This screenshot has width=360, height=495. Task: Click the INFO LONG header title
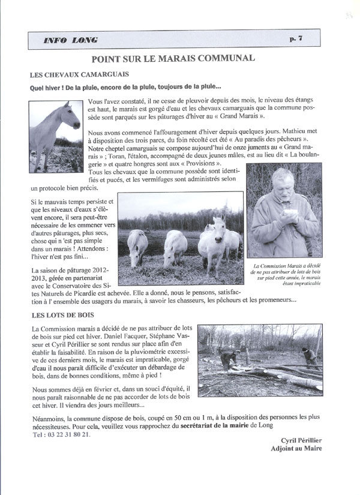71,40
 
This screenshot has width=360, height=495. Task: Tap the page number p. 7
296,39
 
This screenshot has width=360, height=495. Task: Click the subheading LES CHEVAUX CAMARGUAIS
71,76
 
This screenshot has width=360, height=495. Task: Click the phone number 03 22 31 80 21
66,434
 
